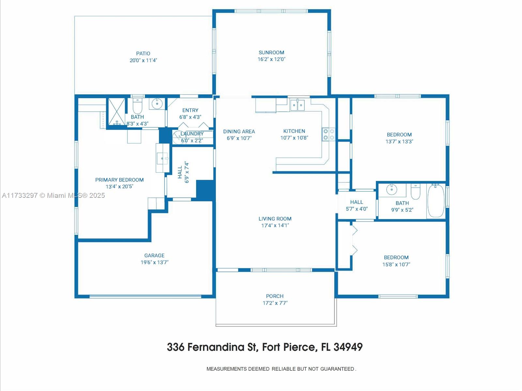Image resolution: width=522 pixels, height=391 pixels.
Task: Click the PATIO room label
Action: (x=143, y=54)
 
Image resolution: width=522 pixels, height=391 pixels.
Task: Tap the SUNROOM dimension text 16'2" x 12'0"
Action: (x=271, y=59)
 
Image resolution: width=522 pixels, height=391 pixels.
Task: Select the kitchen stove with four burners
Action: (x=329, y=134)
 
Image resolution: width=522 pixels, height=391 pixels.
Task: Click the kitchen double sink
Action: (x=297, y=105)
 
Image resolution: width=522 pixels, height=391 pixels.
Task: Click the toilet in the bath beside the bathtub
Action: (x=415, y=191)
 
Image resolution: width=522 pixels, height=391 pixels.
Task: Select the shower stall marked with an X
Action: (x=116, y=111)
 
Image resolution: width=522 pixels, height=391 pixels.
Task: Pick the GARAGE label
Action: (x=154, y=256)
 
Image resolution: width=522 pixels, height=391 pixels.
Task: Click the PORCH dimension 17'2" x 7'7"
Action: (x=275, y=303)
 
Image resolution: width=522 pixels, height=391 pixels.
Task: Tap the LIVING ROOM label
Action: (x=275, y=219)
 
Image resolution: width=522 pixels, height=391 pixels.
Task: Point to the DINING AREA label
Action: (x=239, y=132)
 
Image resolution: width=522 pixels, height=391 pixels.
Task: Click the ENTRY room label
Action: (x=190, y=110)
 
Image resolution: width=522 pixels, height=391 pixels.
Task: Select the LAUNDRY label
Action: (x=192, y=134)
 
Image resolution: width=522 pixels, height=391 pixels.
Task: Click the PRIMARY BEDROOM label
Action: (x=119, y=180)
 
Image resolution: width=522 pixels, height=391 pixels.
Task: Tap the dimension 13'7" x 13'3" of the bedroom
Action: (x=399, y=142)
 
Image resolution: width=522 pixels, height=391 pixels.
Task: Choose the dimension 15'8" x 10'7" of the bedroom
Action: (x=396, y=264)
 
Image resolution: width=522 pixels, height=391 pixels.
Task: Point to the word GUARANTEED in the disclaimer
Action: (x=337, y=369)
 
